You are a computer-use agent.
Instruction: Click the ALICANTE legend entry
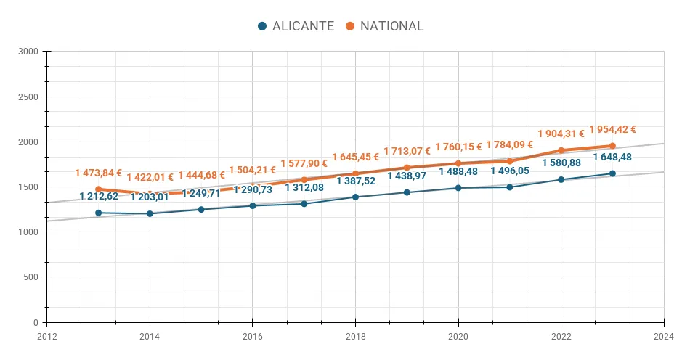point(296,26)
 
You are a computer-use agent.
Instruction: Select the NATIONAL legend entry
point(384,26)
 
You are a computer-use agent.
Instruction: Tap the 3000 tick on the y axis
point(29,52)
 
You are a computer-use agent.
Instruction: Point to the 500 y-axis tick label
point(31,277)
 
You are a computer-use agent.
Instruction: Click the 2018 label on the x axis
point(355,335)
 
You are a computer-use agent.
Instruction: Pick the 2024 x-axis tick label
point(663,335)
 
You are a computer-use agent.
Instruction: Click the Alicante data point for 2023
point(612,173)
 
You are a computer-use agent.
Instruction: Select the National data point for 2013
point(98,189)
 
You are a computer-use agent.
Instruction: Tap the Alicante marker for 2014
point(150,213)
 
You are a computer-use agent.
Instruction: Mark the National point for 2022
point(561,150)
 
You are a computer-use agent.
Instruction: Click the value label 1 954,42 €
point(612,130)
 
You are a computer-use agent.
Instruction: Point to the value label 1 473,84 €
point(98,173)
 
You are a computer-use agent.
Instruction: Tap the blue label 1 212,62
point(99,196)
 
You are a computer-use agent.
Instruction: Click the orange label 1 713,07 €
point(407,151)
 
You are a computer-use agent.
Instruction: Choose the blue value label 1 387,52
point(356,181)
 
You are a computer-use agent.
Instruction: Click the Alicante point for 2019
point(407,192)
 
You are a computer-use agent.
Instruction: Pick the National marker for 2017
point(304,180)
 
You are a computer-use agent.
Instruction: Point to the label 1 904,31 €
point(561,134)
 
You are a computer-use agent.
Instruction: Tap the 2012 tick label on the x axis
point(46,335)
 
